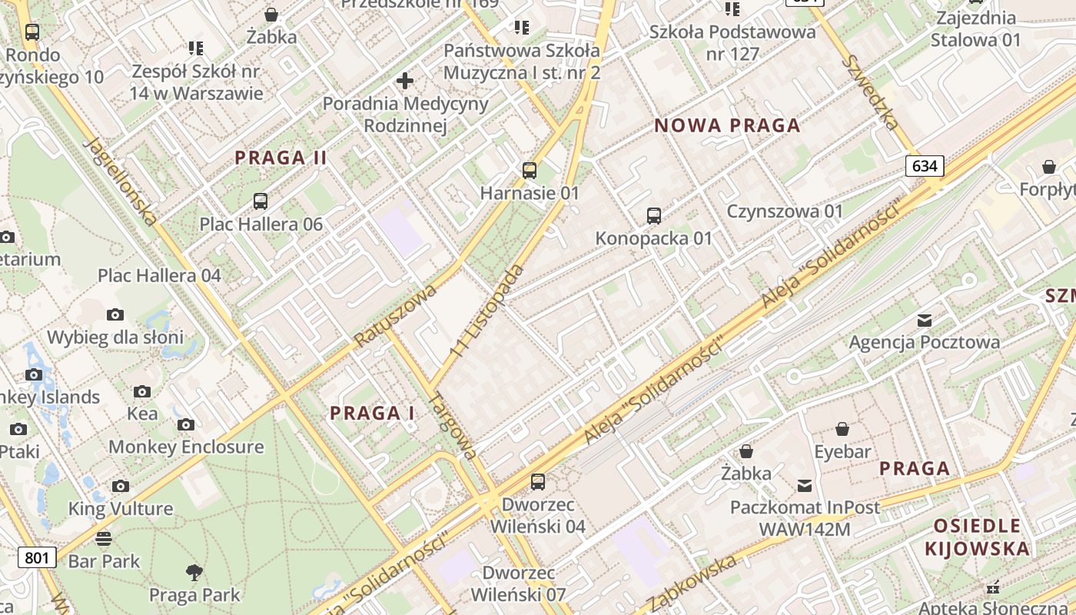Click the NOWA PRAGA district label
point(727,126)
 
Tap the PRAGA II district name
point(281,158)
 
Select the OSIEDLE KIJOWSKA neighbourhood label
point(977,537)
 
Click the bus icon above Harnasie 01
point(530,171)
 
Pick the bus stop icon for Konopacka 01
point(654,216)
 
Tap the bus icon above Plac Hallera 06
point(261,202)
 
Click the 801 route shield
point(37,557)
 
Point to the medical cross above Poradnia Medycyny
point(405,81)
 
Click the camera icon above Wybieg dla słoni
point(115,314)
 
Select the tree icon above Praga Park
point(194,572)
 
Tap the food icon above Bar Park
point(104,538)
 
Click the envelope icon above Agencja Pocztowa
point(925,320)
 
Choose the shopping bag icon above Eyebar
point(842,429)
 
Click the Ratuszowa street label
point(395,315)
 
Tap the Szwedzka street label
point(869,92)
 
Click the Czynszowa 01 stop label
point(785,211)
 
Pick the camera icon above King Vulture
point(121,486)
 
